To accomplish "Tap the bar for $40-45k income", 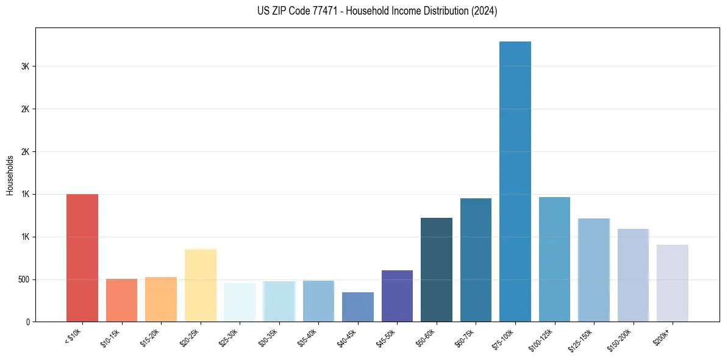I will (x=358, y=307).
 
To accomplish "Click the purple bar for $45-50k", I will (x=397, y=296).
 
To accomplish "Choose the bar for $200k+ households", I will (x=672, y=283).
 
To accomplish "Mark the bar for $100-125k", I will (x=554, y=259).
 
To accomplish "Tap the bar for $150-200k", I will (x=633, y=275).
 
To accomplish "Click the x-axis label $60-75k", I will (x=465, y=337).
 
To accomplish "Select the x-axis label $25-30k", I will (x=229, y=337).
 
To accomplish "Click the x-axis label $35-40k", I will (x=307, y=337).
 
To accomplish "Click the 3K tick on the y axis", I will (x=24, y=67).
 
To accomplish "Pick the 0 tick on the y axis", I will (x=27, y=322).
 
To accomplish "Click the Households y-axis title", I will (x=10, y=175).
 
